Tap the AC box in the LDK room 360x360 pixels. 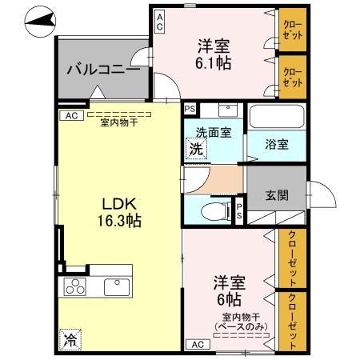(x=70, y=115)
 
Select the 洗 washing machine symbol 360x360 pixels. (x=194, y=148)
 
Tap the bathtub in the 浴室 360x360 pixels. (x=275, y=118)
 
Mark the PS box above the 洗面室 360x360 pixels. (x=190, y=110)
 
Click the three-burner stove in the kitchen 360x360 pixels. (x=74, y=286)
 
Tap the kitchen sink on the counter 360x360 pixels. (x=116, y=286)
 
